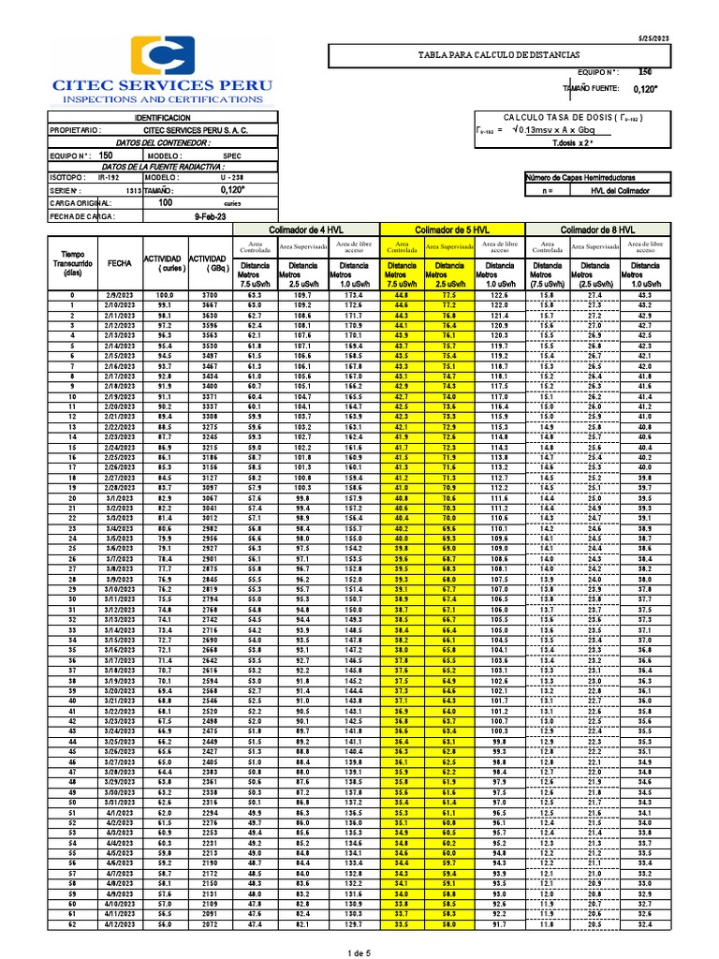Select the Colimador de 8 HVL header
click(x=597, y=229)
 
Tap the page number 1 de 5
click(x=360, y=952)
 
